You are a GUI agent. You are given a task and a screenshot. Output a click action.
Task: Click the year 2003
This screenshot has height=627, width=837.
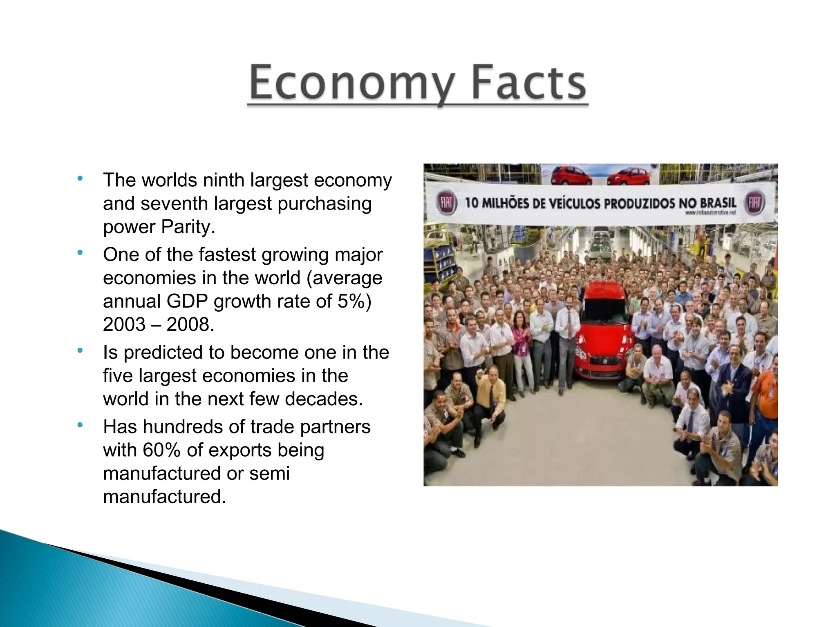(124, 324)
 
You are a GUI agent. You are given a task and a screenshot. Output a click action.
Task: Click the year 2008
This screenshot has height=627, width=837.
(190, 324)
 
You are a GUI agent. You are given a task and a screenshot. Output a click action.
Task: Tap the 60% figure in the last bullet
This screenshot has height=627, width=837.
(161, 450)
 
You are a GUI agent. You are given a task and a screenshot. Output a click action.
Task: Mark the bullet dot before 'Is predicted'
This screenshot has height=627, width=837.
(80, 350)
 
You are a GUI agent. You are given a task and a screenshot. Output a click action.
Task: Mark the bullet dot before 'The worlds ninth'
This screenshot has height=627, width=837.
(80, 179)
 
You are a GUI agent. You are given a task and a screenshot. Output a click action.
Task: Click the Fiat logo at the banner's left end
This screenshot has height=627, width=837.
(446, 203)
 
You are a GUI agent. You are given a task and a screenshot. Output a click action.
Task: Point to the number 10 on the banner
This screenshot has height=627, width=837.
(472, 203)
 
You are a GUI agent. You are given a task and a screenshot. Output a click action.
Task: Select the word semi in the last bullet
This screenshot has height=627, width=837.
(269, 473)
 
